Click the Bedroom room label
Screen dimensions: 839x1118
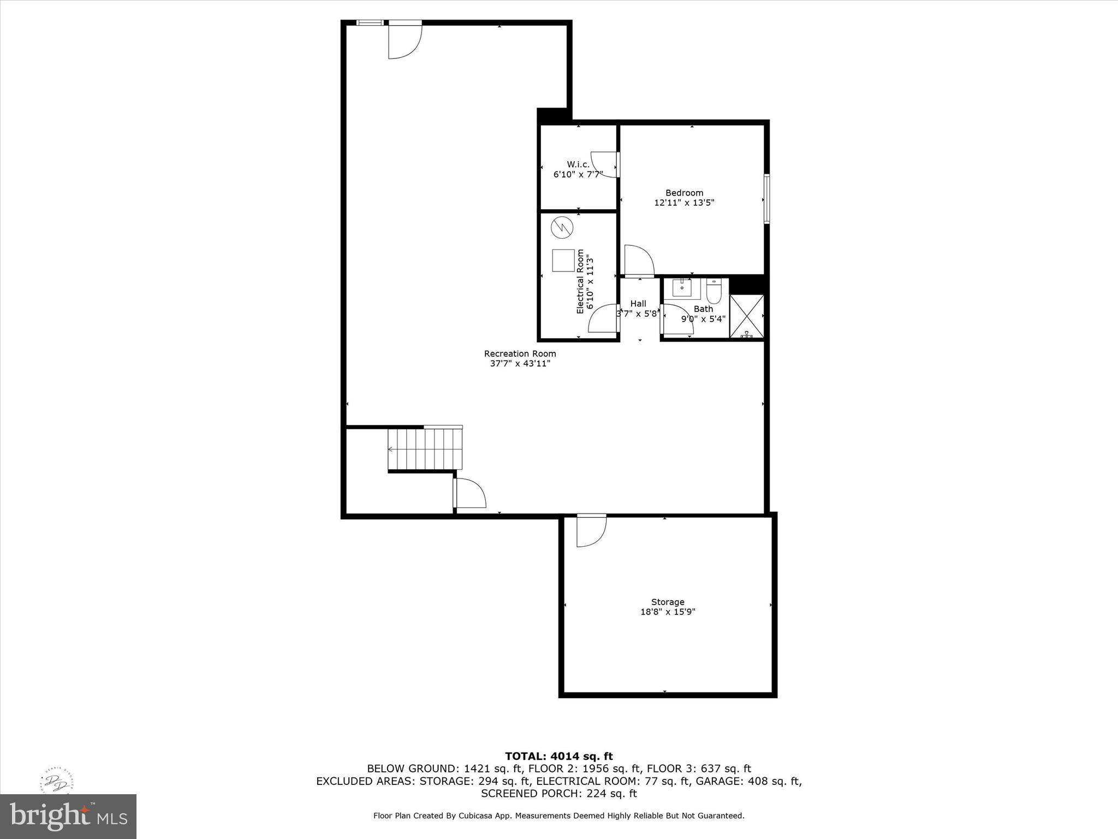(x=684, y=193)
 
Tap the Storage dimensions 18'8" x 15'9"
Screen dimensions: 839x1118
(x=667, y=612)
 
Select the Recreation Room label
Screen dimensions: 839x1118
(x=520, y=353)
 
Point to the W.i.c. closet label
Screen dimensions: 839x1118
(x=578, y=164)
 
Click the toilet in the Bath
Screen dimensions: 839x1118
(x=713, y=291)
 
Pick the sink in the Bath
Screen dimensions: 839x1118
(x=682, y=287)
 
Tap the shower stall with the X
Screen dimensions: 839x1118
(x=746, y=316)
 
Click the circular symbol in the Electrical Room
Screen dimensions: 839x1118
(x=562, y=227)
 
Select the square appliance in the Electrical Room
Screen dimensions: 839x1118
(x=563, y=260)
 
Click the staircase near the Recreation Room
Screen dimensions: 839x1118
(x=425, y=449)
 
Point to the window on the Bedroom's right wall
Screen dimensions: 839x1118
(x=766, y=199)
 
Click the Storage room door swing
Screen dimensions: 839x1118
(x=591, y=531)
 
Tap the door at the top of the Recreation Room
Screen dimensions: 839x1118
(x=404, y=41)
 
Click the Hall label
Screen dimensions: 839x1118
(x=638, y=304)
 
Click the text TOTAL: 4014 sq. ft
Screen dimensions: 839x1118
(x=558, y=756)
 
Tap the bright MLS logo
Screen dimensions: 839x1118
(x=68, y=816)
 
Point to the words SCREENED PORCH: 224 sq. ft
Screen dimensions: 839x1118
(x=558, y=793)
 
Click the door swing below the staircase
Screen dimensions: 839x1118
(x=470, y=493)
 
